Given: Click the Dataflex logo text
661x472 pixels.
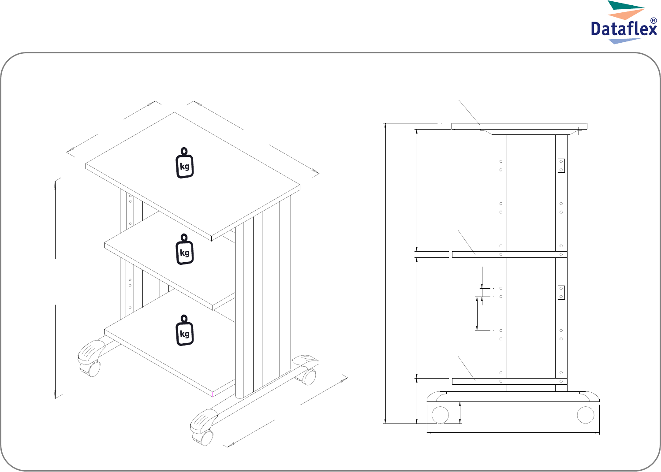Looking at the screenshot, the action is click(624, 29).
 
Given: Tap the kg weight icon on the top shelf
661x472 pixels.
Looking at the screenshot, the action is click(184, 163).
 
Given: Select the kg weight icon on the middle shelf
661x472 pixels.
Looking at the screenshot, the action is click(184, 249).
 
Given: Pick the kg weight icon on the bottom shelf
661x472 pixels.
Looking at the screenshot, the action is click(184, 330).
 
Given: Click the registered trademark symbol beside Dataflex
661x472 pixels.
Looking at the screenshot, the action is click(654, 21).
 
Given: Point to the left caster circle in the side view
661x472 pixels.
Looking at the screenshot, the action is click(440, 415).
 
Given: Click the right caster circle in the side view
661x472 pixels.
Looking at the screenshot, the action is click(586, 415).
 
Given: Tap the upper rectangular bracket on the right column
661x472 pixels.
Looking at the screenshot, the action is click(561, 166).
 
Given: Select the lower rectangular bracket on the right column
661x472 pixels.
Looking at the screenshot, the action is click(561, 293).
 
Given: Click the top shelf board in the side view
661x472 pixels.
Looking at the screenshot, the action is click(519, 126).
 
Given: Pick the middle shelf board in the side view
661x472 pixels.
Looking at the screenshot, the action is click(510, 254).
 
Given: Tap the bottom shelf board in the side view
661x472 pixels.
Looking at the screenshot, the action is click(510, 381).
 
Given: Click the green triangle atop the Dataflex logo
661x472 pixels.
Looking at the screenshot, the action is click(626, 5).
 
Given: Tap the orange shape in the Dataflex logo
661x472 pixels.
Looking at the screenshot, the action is click(626, 14).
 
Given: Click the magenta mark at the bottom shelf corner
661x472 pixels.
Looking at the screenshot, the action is click(213, 394).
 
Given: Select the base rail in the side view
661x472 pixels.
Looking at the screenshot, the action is click(513, 397).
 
